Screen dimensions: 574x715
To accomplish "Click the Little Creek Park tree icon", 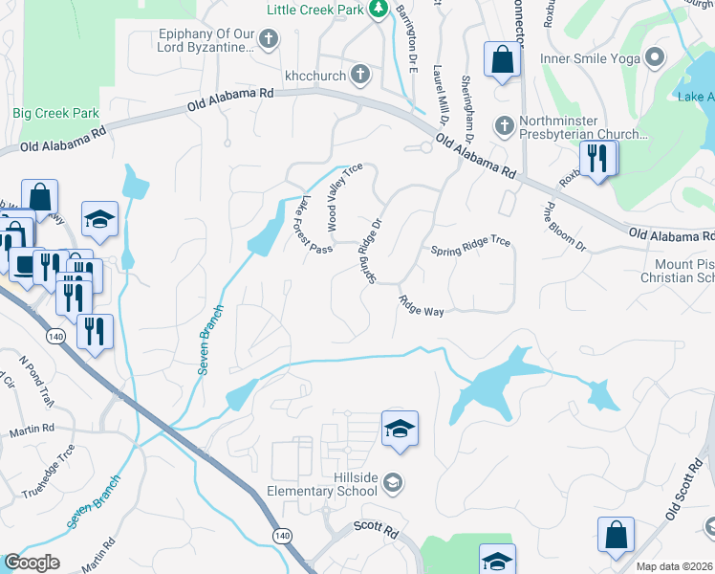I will coord(379,9).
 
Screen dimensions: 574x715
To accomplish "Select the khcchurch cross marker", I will coord(359,73).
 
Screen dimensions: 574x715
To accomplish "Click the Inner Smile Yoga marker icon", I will coord(655,56).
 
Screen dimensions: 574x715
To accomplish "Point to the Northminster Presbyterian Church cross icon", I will coord(505,125).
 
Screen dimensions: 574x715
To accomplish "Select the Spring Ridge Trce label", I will coord(469,247).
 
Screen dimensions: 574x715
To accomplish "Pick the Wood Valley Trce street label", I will coord(344,197).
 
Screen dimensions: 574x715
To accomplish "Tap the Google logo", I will coord(32,563).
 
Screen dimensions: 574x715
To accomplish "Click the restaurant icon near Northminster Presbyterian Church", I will coord(597,158).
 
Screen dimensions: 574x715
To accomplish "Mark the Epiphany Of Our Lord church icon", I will coord(269,39).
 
